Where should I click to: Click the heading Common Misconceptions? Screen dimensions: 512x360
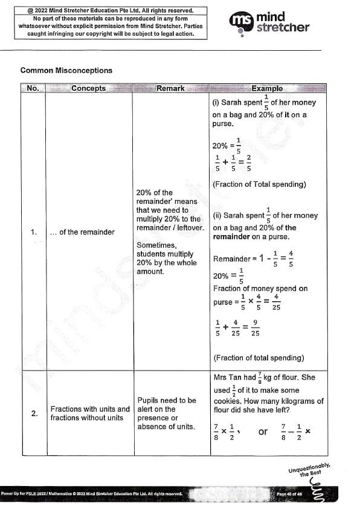point(66,71)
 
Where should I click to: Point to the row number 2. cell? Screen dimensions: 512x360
point(33,413)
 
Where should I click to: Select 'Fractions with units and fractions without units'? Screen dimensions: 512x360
point(90,413)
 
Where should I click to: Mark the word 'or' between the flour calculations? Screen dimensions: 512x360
point(263,432)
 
